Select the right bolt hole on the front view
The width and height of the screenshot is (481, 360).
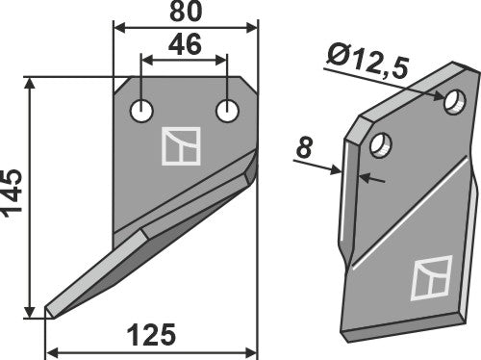point(227,111)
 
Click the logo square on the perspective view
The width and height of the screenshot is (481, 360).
point(428,280)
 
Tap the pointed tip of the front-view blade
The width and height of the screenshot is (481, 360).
point(48,312)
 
